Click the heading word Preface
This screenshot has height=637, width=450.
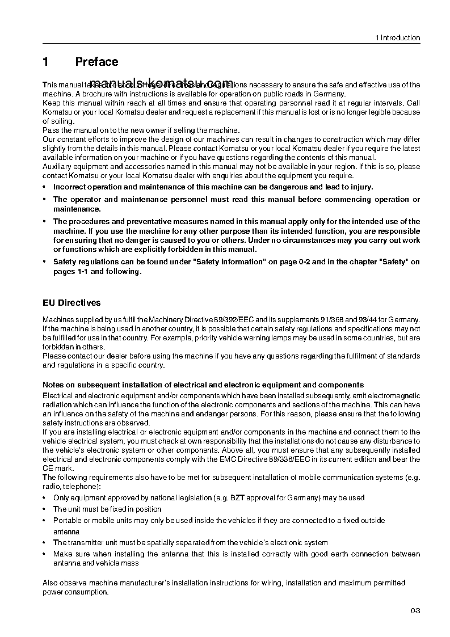point(96,62)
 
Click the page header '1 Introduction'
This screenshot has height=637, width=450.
point(397,38)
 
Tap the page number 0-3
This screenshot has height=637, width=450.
point(415,611)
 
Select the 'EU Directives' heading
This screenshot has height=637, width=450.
point(72,303)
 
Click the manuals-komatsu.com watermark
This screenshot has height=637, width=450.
point(161,81)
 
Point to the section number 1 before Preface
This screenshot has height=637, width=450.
point(46,62)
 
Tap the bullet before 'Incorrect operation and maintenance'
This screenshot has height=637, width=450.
point(45,187)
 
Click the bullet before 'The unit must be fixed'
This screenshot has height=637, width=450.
point(45,509)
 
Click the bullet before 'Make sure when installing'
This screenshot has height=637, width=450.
point(45,554)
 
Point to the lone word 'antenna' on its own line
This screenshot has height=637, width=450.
point(66,531)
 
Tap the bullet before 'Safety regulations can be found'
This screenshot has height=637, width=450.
point(45,262)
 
